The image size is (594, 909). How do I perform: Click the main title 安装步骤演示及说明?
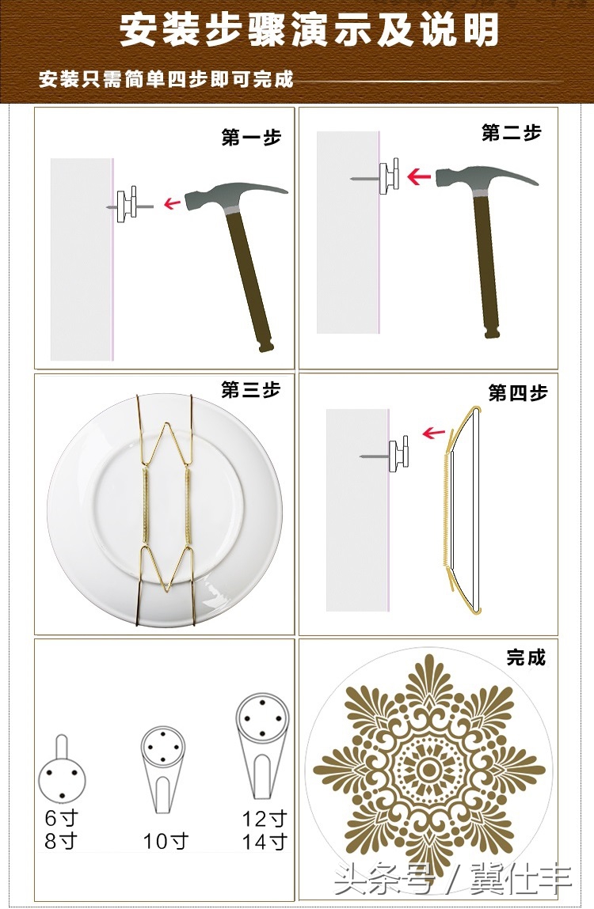310,31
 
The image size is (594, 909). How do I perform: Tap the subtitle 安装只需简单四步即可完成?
166,80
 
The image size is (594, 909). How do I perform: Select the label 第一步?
251,138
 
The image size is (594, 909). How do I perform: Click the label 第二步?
512,133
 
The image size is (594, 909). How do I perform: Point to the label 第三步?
251,390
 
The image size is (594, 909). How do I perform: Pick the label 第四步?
518,393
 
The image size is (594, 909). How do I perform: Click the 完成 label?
527,657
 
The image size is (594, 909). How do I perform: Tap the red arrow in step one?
172,204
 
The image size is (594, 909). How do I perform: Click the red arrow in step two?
419,177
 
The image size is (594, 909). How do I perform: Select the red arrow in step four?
433,433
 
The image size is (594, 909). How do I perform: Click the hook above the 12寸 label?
263,744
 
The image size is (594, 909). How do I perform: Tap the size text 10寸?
166,841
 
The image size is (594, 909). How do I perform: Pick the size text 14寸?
265,841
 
